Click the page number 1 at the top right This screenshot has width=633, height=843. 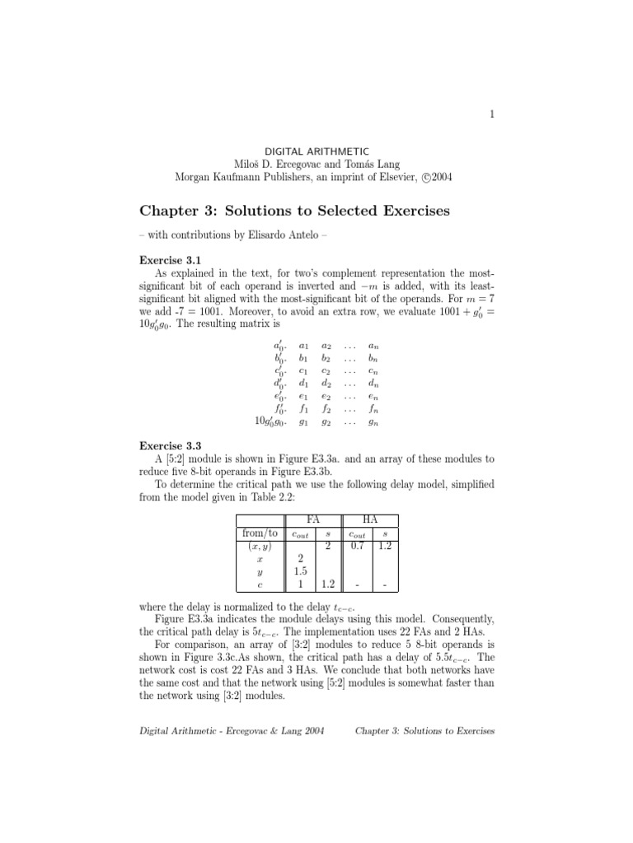[491, 114]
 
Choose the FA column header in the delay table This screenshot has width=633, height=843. [313, 519]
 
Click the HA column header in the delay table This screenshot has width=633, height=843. [370, 519]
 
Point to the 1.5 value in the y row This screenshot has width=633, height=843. [302, 571]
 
